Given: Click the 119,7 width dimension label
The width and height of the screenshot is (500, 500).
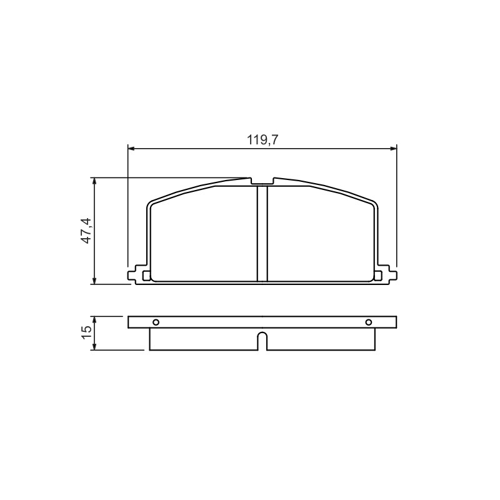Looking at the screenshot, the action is pyautogui.click(x=262, y=140).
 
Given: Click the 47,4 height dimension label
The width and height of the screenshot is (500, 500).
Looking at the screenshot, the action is pyautogui.click(x=86, y=231).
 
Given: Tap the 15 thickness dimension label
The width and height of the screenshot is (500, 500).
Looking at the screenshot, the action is pyautogui.click(x=86, y=333).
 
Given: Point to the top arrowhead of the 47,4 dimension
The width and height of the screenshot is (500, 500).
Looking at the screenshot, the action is pyautogui.click(x=94, y=182).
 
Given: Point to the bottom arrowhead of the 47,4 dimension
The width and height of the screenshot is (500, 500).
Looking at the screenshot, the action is pyautogui.click(x=94, y=279).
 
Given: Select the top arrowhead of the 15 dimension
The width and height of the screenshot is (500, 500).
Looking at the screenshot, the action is pyautogui.click(x=94, y=321).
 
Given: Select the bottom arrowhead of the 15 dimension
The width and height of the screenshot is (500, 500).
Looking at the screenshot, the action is pyautogui.click(x=94, y=346).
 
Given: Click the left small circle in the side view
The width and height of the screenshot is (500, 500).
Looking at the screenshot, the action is pyautogui.click(x=156, y=322).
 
